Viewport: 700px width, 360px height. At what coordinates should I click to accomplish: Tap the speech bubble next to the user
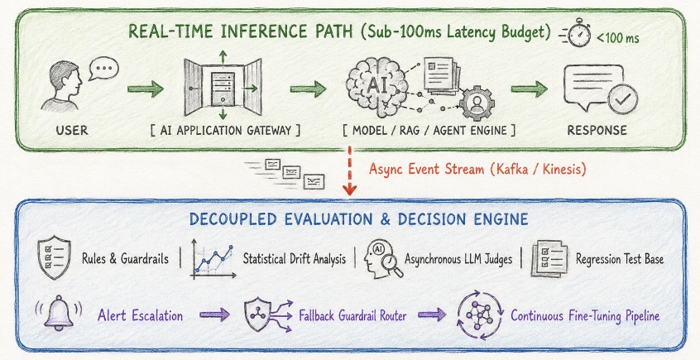103,69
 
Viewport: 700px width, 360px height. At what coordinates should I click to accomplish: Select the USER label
72,131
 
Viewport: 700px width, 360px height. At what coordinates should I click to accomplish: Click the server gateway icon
223,88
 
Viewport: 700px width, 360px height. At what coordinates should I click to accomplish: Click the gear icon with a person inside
477,103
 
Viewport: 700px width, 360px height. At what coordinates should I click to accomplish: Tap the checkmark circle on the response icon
622,99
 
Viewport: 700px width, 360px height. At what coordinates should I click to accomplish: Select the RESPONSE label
597,131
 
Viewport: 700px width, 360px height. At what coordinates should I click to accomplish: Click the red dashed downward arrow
350,170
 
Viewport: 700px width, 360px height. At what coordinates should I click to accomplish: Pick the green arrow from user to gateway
146,89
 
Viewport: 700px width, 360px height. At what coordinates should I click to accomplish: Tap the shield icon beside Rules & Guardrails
54,258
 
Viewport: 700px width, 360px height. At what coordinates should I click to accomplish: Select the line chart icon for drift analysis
213,259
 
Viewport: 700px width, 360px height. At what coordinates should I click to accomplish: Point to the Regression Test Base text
620,258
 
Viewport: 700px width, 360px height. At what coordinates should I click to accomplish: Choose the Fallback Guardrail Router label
352,316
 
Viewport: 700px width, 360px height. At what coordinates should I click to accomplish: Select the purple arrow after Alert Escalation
215,314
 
